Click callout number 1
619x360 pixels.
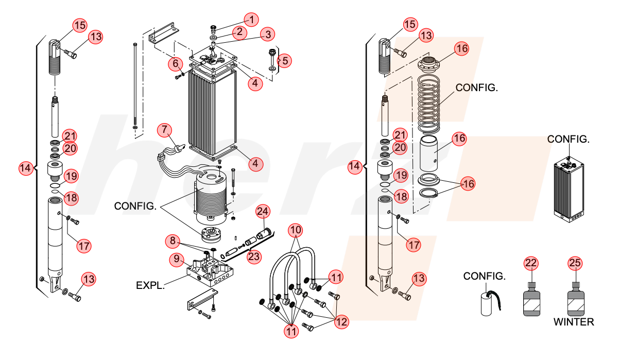click(251, 20)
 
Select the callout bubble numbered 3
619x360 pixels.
click(268, 35)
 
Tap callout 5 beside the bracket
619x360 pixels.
click(285, 60)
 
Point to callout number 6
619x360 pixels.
click(176, 63)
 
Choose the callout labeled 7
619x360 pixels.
click(164, 130)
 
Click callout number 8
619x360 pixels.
click(173, 241)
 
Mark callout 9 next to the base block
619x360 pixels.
click(177, 259)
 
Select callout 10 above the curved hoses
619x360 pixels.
click(296, 230)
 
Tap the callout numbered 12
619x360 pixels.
click(341, 322)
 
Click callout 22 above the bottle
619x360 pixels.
click(531, 263)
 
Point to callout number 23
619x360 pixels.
click(254, 256)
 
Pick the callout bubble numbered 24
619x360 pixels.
click(263, 211)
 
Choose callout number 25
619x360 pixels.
click(575, 263)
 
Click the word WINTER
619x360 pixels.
click(574, 322)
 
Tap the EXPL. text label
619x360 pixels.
click(150, 285)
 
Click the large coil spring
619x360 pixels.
click(428, 104)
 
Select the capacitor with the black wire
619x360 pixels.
click(490, 303)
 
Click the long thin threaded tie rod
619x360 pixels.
click(135, 86)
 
